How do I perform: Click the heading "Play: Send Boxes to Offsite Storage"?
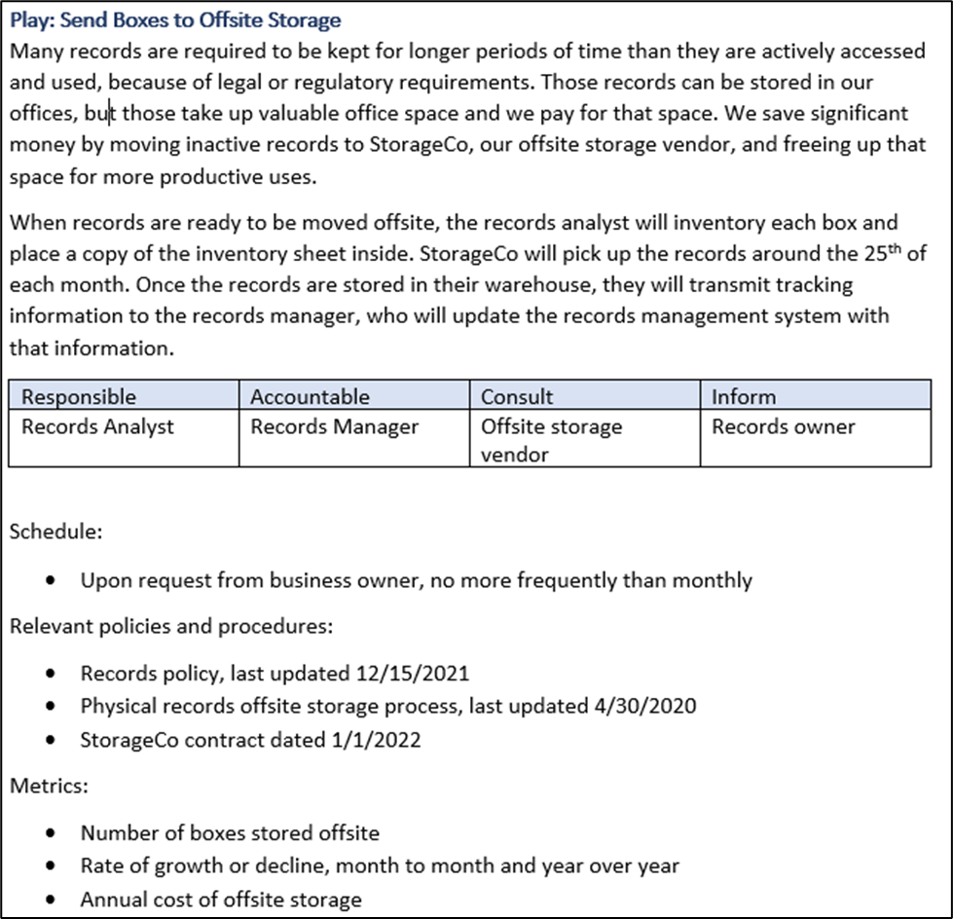pos(175,19)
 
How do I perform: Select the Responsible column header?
pos(79,397)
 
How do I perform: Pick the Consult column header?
pos(517,397)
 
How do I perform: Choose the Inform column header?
pos(744,397)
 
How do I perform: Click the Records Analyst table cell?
pos(97,426)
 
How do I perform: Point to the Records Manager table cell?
pos(334,426)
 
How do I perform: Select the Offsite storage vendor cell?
pos(551,440)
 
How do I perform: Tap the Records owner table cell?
pos(783,426)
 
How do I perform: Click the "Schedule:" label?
pos(55,533)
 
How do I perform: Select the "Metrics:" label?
pos(49,786)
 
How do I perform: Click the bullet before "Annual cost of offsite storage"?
pos(50,900)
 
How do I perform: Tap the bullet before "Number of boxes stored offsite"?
pos(50,833)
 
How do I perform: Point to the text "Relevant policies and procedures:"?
pos(171,626)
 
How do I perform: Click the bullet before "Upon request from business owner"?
pos(50,581)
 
